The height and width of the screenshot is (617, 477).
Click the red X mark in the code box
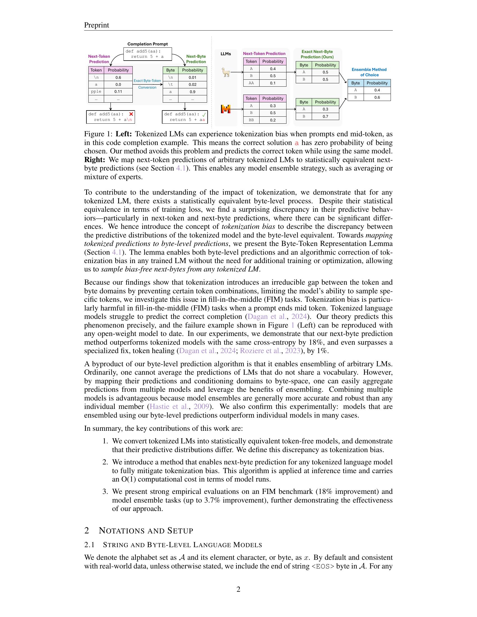click(x=131, y=114)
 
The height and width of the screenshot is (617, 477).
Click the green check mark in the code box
click(x=204, y=114)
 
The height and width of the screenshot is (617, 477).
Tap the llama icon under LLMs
click(x=226, y=73)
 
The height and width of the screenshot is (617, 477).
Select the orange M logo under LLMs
click(x=226, y=109)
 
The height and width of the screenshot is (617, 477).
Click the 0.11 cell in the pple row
click(x=118, y=91)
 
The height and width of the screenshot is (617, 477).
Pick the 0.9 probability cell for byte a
click(x=192, y=91)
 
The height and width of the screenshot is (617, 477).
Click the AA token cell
click(x=251, y=83)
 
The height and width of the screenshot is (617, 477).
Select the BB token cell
click(x=251, y=120)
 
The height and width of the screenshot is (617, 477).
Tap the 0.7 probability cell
click(x=325, y=116)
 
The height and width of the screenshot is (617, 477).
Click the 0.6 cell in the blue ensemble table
click(x=377, y=98)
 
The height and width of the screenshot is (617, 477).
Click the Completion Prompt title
click(x=148, y=44)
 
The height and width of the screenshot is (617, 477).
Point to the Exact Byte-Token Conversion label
click(x=147, y=84)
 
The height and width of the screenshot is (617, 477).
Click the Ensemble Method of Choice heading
click(x=369, y=72)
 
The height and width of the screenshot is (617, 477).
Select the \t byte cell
click(x=170, y=84)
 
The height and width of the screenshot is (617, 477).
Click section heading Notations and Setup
click(x=146, y=531)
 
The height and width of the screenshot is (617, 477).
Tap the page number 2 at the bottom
click(x=238, y=589)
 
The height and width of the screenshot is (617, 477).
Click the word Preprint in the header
click(x=97, y=25)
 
